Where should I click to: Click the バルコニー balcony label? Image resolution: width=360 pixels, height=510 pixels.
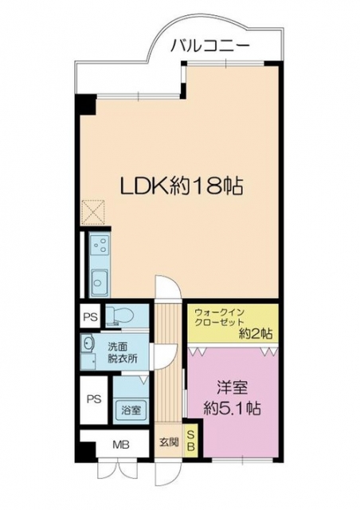pos(210,47)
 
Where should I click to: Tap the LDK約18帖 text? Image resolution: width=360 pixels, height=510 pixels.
pos(182,186)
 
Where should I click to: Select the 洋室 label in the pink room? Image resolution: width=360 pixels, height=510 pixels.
pos(233,387)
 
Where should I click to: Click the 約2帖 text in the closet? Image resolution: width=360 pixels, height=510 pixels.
pos(256,334)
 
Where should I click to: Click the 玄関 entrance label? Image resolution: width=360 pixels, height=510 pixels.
pos(169,442)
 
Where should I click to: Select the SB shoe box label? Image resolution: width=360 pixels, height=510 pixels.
pos(191,441)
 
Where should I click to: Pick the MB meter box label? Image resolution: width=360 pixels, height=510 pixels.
pos(121,444)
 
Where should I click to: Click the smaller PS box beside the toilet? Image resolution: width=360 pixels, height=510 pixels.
pos(91,316)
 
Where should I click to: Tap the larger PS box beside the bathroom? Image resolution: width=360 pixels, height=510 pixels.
pos(94,398)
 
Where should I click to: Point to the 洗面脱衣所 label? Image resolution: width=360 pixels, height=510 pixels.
pos(123,352)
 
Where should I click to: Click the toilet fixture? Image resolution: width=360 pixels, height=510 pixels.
pos(120,316)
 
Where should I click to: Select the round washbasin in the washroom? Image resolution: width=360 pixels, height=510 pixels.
pos(88,343)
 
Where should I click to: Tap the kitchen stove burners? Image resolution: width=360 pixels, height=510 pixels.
pos(100,245)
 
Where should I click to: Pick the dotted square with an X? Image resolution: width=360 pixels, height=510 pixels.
pos(92,213)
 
